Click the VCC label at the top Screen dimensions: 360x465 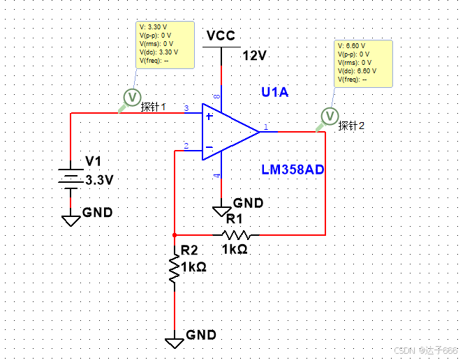point(221,36)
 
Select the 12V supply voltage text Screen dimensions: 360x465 point(254,56)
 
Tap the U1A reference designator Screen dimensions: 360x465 point(274,92)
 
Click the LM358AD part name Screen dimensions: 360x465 point(293,170)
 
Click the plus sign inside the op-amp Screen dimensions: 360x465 point(209,116)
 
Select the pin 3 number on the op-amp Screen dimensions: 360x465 point(186,108)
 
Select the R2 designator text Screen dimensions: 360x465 point(189,250)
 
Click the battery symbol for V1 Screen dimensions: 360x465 point(71,177)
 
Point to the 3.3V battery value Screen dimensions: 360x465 point(99,179)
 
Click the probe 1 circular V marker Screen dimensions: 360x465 point(131,96)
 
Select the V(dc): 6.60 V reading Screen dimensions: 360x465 point(357,70)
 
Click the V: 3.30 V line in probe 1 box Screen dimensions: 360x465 point(154,27)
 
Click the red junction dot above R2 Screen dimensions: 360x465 point(174,235)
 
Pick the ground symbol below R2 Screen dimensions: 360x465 point(174,342)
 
